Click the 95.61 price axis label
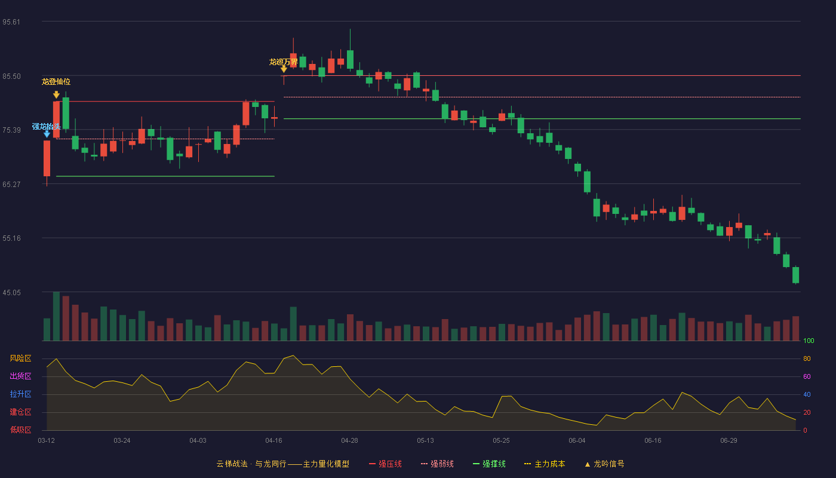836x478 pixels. click(x=11, y=22)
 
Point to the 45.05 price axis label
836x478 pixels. click(x=11, y=293)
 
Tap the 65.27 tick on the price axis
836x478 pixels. click(x=11, y=185)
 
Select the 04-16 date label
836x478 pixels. click(x=273, y=441)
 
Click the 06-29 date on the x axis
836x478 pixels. click(x=729, y=441)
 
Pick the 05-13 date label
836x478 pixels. click(x=425, y=441)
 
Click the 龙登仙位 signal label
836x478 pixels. click(x=56, y=82)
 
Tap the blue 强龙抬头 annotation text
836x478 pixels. click(x=47, y=126)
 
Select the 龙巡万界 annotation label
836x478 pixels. click(x=283, y=62)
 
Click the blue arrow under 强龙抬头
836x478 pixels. click(x=47, y=134)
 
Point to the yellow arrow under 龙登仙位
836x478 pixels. click(x=56, y=95)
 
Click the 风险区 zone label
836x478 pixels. click(x=20, y=358)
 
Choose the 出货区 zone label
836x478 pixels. click(x=20, y=376)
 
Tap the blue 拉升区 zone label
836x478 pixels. click(x=20, y=394)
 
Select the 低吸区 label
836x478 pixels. click(x=20, y=430)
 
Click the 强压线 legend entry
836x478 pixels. click(x=385, y=464)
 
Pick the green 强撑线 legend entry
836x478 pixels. click(x=489, y=464)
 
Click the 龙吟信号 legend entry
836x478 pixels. click(x=604, y=464)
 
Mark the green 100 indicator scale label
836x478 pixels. click(x=809, y=341)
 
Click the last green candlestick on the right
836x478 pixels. click(x=795, y=275)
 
